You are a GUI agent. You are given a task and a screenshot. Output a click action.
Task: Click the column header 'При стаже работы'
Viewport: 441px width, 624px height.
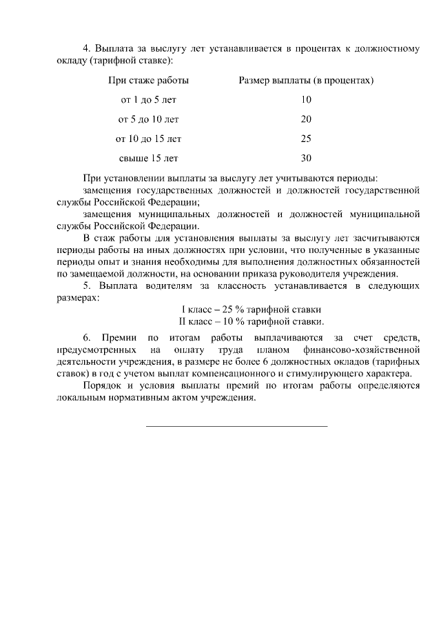(148, 81)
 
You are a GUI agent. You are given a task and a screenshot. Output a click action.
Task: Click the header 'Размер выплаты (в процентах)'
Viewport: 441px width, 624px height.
(306, 81)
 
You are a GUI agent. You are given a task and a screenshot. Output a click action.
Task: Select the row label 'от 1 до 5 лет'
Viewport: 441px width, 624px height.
(148, 100)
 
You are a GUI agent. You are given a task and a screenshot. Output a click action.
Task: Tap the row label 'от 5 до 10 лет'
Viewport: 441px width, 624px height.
(148, 119)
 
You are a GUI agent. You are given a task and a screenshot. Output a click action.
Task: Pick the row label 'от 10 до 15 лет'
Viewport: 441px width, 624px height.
(148, 139)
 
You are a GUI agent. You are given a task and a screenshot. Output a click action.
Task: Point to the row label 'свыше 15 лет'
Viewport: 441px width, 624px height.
(148, 158)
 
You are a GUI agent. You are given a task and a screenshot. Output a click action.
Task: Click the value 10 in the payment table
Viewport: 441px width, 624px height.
(306, 100)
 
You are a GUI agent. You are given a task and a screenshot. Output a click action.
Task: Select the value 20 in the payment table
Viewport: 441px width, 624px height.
(306, 119)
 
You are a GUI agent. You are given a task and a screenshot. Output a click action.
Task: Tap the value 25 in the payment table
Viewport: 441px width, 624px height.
(306, 139)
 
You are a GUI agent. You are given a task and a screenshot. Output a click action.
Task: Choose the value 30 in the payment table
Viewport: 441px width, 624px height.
(306, 158)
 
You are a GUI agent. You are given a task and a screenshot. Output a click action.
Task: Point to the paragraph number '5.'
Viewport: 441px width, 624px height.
(87, 285)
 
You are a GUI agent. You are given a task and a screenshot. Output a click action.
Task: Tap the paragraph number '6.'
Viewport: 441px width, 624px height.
(87, 338)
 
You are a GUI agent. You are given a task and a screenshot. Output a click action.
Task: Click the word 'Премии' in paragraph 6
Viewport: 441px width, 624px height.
(119, 338)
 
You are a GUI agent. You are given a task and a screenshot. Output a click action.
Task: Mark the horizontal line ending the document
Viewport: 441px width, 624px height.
(236, 426)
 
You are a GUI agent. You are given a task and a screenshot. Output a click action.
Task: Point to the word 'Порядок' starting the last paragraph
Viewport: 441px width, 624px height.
(101, 386)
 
